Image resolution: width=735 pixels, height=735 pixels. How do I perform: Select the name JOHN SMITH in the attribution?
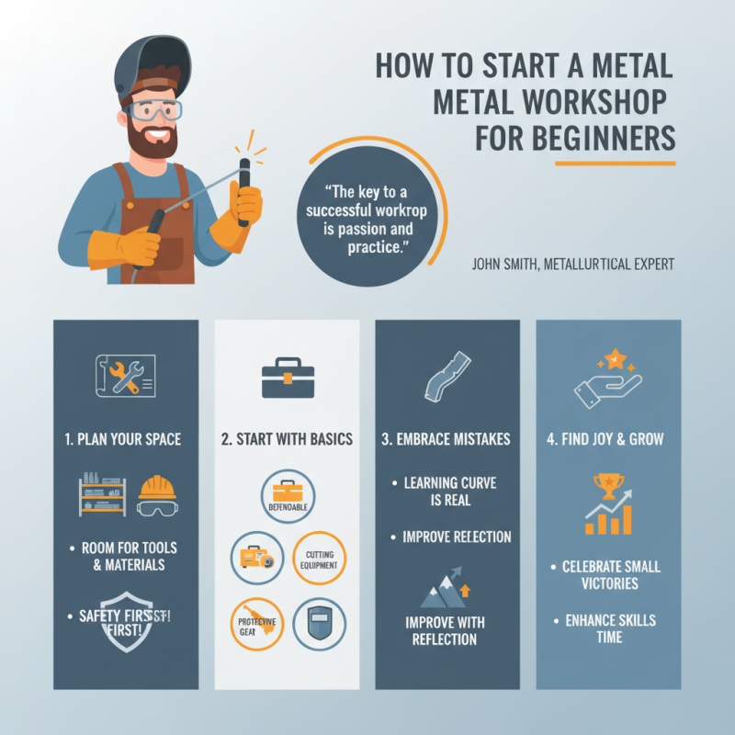pyautogui.click(x=504, y=265)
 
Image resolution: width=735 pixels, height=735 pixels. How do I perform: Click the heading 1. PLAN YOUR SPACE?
pyautogui.click(x=126, y=439)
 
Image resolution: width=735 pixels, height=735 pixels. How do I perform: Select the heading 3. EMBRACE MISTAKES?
pyautogui.click(x=447, y=439)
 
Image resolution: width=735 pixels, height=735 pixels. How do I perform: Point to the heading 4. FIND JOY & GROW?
pyautogui.click(x=607, y=439)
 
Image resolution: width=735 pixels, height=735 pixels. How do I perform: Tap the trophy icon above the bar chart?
pyautogui.click(x=608, y=484)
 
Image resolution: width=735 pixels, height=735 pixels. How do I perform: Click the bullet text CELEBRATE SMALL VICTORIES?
pyautogui.click(x=611, y=575)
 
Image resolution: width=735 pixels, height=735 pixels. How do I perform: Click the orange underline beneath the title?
pyautogui.click(x=615, y=164)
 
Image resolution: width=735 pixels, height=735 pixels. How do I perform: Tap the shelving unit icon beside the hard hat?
pyautogui.click(x=102, y=493)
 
